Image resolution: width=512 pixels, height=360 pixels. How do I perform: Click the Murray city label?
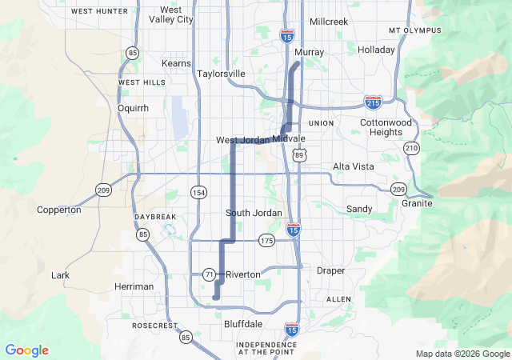pos(309,52)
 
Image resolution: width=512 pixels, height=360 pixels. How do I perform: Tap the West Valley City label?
pos(171,14)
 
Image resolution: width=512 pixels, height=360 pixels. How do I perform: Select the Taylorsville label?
pos(221,74)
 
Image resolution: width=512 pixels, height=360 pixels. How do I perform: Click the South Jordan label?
pos(254,213)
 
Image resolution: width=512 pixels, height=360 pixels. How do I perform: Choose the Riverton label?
pos(243,274)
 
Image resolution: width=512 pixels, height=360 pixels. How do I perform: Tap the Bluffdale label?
pos(243,325)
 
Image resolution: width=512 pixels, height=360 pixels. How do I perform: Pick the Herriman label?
pos(134,286)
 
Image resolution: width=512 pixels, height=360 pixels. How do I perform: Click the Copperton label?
pos(59,210)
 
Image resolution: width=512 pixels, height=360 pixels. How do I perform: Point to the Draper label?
pos(330,271)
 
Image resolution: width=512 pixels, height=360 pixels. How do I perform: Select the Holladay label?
pos(376,50)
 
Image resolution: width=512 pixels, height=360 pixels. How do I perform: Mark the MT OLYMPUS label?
pos(414,30)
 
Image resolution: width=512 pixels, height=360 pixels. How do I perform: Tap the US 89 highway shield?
pos(298,154)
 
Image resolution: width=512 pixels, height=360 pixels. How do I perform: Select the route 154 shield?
pos(198,193)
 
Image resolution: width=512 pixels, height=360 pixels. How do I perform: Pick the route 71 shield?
pos(209,274)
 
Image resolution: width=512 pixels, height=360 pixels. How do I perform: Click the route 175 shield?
pos(266,240)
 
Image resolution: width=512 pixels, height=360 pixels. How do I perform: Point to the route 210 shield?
pos(411,148)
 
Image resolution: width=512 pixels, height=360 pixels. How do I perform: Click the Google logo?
pos(26,350)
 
